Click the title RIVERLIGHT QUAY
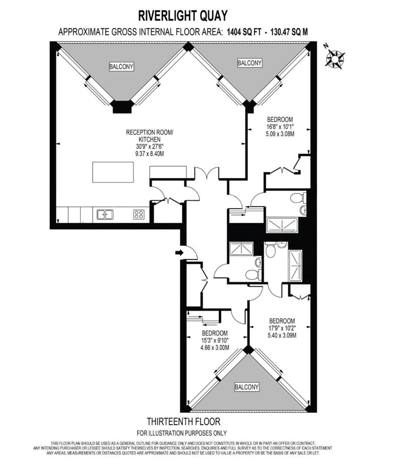pos(183,16)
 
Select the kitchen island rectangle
pos(112,172)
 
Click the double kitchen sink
pos(105,214)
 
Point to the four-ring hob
pos(139,214)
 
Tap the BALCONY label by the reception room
pos(121,67)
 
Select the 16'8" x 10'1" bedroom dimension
pos(280,127)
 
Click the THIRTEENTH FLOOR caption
pos(183,421)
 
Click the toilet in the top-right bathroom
pos(297,198)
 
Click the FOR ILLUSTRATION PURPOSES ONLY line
pos(182,433)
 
